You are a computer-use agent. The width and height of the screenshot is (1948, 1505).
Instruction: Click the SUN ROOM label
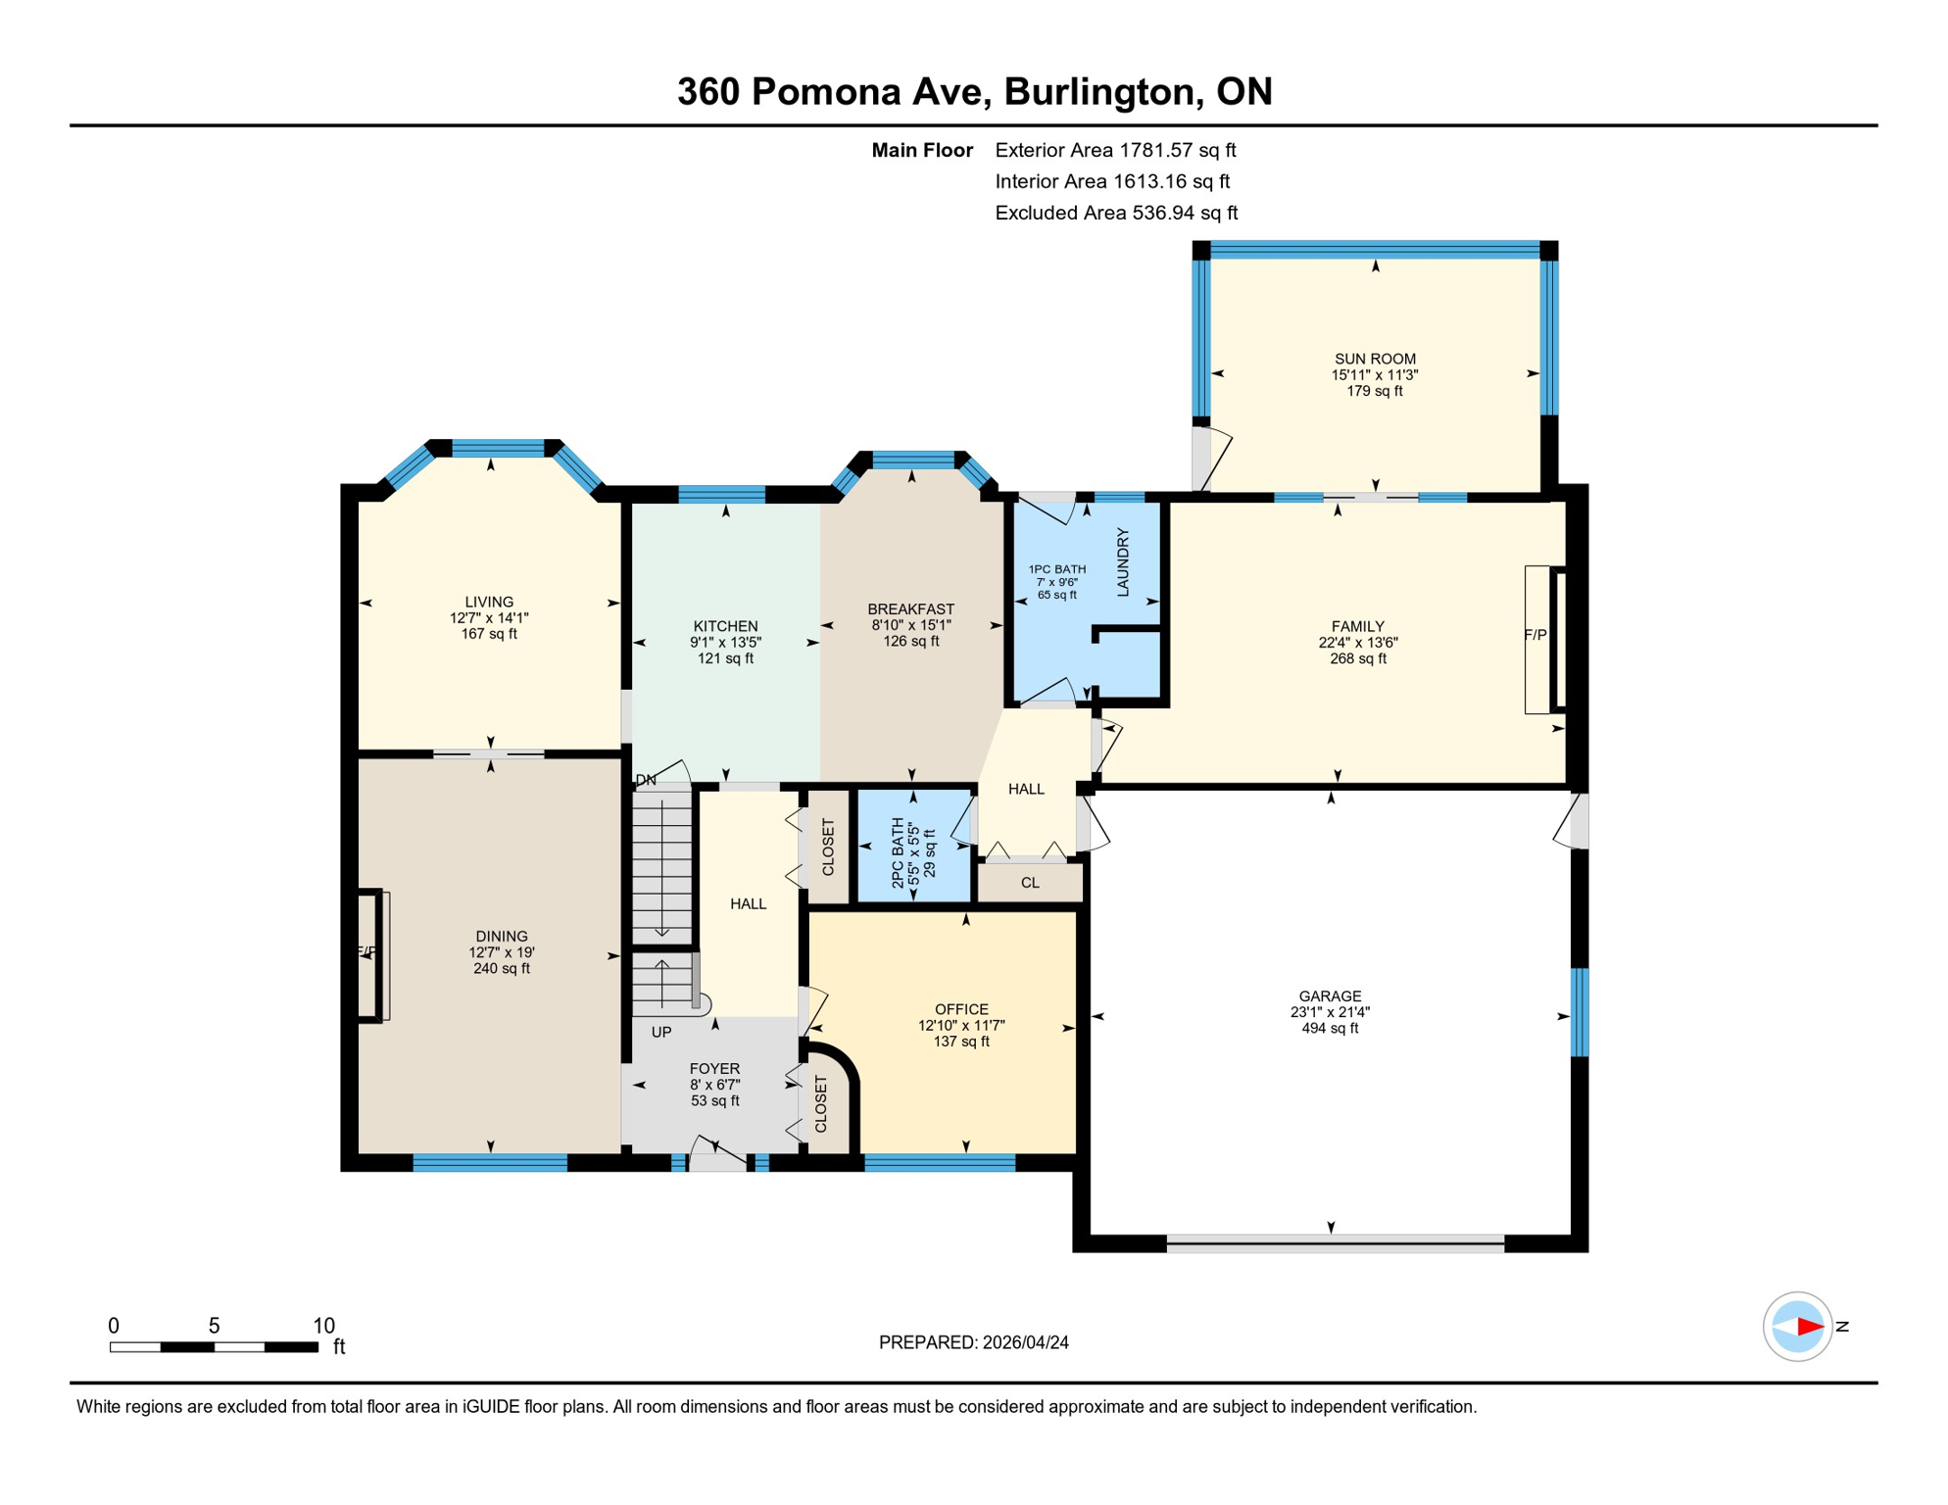click(1374, 359)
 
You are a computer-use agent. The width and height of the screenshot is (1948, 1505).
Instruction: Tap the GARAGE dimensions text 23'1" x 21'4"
click(1330, 1012)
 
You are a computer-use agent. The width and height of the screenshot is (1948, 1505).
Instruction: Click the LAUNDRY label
click(1123, 561)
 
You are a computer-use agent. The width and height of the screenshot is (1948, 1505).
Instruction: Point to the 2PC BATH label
click(898, 852)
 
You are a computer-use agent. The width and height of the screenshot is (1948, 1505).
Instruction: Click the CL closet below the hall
click(1030, 883)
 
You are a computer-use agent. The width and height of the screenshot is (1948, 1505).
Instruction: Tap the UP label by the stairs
click(661, 1032)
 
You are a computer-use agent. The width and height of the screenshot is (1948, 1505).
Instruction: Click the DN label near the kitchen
click(646, 780)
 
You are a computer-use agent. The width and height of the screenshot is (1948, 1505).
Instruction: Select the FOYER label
click(714, 1068)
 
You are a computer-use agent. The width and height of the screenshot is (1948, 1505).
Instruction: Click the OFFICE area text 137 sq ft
click(961, 1042)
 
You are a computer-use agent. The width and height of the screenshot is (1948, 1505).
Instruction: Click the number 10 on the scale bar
click(323, 1326)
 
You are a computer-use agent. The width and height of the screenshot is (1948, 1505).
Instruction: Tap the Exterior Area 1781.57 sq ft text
click(1115, 150)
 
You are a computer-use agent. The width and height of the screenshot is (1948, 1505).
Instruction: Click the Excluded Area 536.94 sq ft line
click(1116, 213)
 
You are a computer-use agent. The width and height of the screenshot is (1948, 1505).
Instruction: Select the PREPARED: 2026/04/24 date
click(973, 1342)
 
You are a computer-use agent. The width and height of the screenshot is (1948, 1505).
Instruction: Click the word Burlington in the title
click(1102, 91)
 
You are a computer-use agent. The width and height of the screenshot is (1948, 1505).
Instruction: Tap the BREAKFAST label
click(910, 608)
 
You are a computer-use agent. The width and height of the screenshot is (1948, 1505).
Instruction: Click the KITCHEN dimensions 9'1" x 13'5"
click(725, 643)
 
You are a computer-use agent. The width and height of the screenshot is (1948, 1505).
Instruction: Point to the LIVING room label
click(489, 602)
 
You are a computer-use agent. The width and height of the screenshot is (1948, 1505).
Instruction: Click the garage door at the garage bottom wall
click(1335, 1243)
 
